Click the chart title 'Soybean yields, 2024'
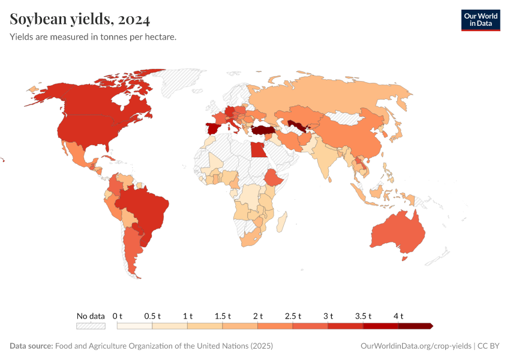click(80, 20)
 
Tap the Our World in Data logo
click(480, 20)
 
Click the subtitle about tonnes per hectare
click(93, 37)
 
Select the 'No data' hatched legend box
click(91, 326)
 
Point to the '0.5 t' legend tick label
click(152, 316)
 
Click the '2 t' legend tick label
click(258, 316)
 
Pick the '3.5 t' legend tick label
click(364, 316)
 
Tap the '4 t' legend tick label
click(398, 316)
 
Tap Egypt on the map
click(257, 149)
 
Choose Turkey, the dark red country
click(265, 130)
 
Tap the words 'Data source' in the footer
click(31, 346)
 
